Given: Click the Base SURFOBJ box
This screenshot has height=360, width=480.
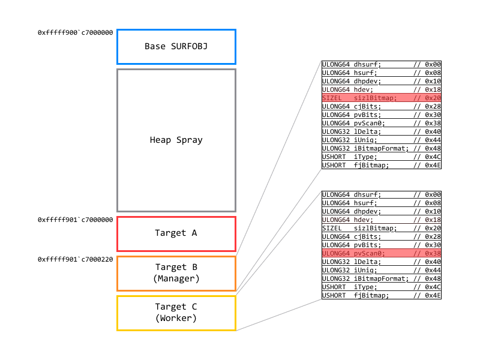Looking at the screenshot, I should click(x=176, y=46).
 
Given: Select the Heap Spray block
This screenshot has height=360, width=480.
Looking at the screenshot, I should click(x=176, y=140).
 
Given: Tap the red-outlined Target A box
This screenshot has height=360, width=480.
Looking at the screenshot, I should click(x=176, y=233).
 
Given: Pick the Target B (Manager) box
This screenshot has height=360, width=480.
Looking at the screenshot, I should click(x=176, y=273).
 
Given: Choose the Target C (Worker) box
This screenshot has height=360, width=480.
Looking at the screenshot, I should click(x=176, y=313).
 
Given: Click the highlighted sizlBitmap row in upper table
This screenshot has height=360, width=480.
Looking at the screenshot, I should click(x=382, y=98).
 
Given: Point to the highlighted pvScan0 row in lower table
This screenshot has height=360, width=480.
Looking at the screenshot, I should click(x=382, y=253).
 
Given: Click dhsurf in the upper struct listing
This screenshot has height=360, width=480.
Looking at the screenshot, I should click(x=367, y=64).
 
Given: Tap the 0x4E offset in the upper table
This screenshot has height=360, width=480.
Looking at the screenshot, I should click(x=433, y=165).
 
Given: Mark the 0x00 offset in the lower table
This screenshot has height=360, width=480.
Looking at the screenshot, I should click(x=433, y=194).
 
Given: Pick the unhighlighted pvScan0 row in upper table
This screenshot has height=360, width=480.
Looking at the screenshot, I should click(x=382, y=123).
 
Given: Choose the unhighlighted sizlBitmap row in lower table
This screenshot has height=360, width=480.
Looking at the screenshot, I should click(x=382, y=228).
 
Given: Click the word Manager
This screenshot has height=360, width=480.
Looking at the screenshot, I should click(x=176, y=278).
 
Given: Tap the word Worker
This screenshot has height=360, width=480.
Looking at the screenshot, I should click(x=176, y=318).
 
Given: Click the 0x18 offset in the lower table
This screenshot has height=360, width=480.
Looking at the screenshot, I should click(x=433, y=220).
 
